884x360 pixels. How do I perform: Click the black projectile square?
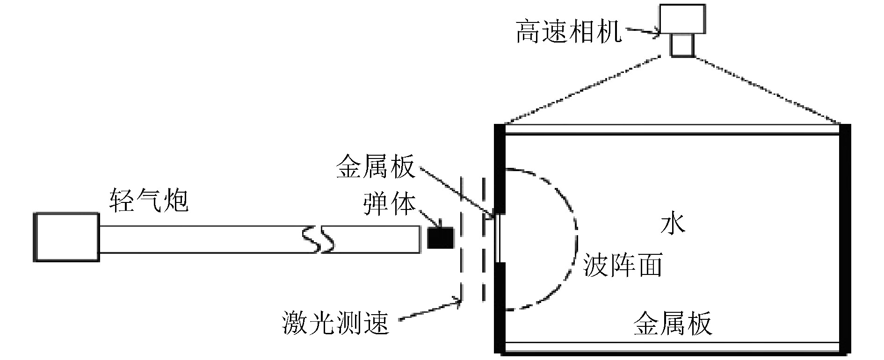441,238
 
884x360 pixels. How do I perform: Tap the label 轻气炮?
149,201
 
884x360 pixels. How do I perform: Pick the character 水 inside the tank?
672,224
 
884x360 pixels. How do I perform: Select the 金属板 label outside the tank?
375,167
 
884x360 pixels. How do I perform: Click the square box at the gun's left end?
66,237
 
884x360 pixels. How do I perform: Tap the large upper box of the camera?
682,19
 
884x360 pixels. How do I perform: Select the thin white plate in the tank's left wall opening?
499,238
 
